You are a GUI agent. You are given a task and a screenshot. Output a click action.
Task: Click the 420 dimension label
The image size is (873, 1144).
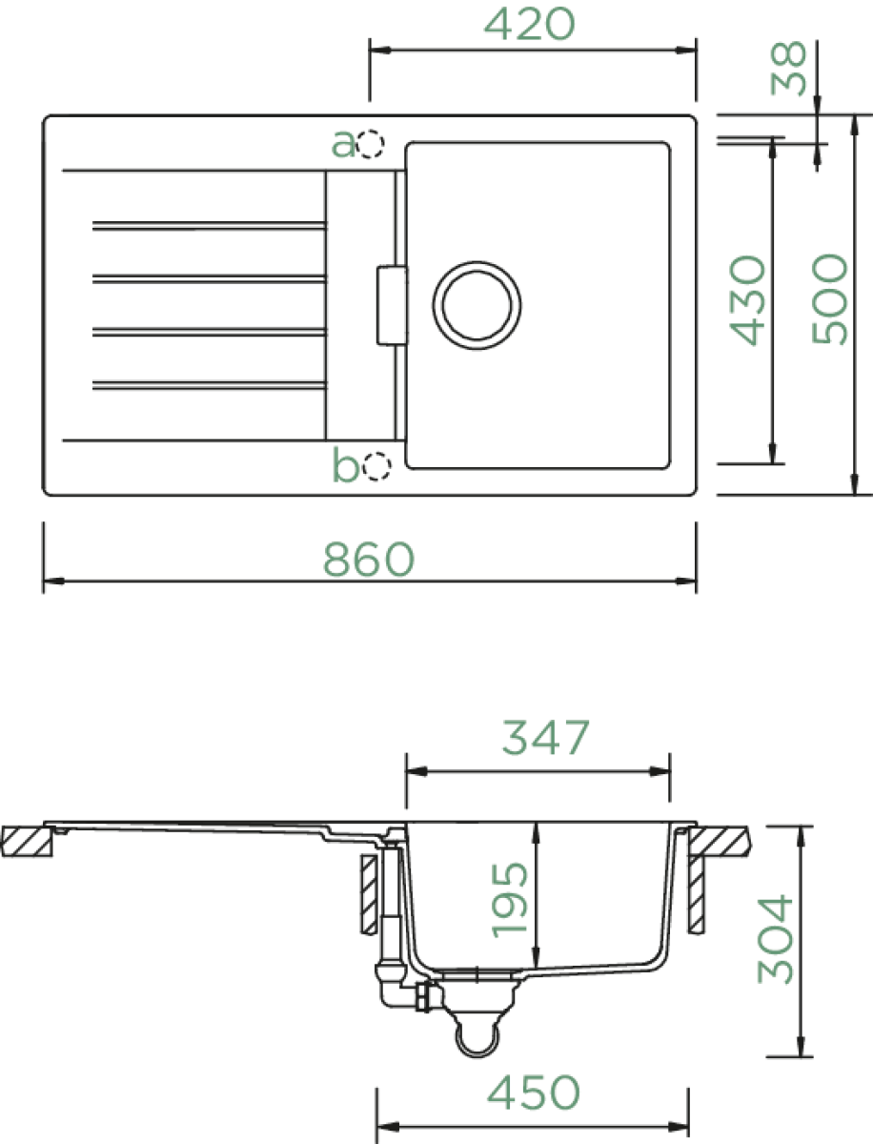(x=529, y=24)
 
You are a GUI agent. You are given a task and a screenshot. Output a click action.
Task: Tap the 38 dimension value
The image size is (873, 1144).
(x=788, y=69)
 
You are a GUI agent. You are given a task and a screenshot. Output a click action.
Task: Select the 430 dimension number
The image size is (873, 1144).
(x=748, y=300)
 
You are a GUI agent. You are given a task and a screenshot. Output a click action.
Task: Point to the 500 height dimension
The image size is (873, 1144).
(x=830, y=298)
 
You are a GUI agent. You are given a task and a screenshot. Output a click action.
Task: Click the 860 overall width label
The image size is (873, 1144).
(x=369, y=560)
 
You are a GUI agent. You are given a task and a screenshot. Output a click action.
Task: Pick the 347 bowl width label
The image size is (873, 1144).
(x=545, y=738)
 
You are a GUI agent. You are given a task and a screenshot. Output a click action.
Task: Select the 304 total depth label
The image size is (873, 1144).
(x=775, y=939)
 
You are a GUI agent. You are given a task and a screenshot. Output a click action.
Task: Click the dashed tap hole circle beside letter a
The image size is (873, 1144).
(x=371, y=143)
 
